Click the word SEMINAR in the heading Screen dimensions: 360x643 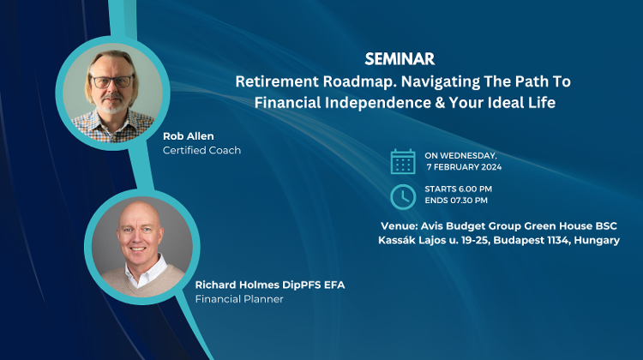[399, 59]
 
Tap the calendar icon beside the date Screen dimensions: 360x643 [402, 161]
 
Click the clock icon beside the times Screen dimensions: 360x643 [402, 195]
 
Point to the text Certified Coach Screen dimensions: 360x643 [201, 150]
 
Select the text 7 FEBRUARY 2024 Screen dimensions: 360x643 [464, 167]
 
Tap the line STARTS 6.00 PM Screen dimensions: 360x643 [458, 189]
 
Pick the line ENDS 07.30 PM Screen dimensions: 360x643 [457, 201]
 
